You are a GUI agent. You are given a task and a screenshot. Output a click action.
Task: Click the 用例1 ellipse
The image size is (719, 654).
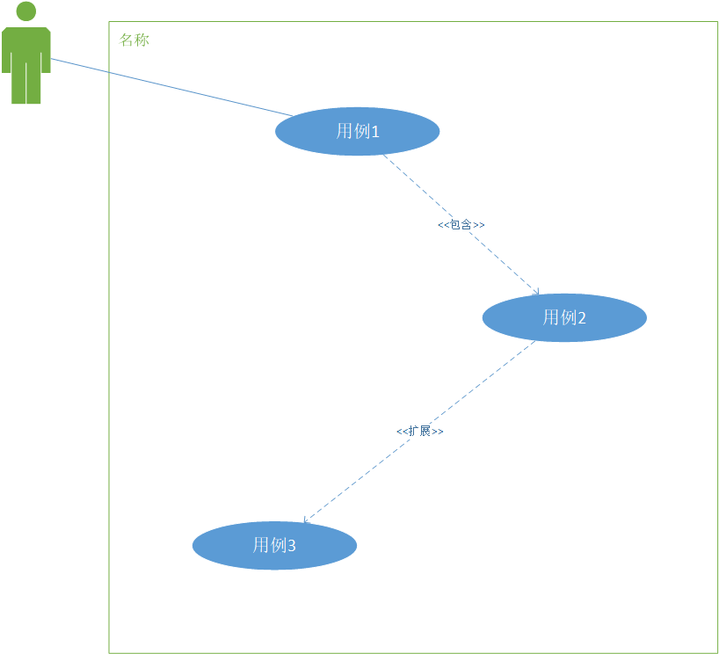coord(357,131)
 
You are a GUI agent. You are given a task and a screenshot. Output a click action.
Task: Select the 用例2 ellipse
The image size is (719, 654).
coord(564,317)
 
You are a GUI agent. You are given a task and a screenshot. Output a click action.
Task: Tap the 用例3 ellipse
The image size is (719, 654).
coord(274,545)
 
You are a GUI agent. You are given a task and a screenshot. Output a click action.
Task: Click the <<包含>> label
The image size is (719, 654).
coord(461,225)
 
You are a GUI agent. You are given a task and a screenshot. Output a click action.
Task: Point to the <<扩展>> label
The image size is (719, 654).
coord(419,432)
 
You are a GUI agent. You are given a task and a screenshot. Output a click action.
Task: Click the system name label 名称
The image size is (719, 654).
coord(134,40)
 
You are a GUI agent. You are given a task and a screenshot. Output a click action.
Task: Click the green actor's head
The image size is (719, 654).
coord(26,11)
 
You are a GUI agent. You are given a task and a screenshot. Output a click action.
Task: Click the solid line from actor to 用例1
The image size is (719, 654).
coord(167,87)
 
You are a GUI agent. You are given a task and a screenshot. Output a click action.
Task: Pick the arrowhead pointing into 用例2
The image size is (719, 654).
coord(535,292)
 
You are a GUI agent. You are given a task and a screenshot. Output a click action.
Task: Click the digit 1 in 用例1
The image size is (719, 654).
coord(375,132)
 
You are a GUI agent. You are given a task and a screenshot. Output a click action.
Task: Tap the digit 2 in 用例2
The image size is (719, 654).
coord(581,318)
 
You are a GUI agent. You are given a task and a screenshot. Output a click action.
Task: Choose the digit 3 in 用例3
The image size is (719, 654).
coord(292,546)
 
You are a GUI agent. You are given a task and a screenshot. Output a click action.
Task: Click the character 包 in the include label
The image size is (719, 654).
coord(454,225)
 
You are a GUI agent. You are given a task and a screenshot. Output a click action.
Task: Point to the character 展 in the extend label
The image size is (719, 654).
coord(425,432)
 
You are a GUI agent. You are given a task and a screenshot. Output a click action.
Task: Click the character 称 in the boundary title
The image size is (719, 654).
coord(142,40)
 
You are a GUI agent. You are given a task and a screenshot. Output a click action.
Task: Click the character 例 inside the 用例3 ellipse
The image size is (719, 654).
coord(277,545)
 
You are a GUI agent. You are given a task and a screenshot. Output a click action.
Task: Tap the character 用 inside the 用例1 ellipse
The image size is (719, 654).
coord(344,131)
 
